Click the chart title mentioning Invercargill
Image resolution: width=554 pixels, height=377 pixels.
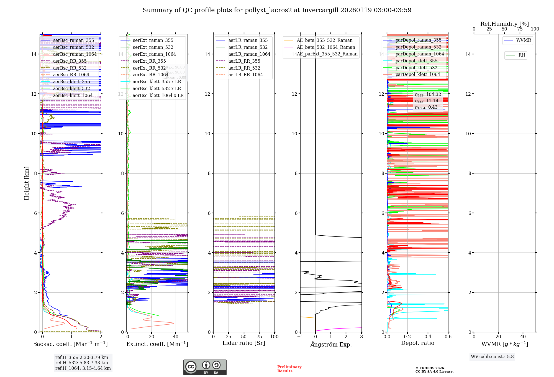[x=277, y=10]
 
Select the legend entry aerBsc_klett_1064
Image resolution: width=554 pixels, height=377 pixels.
[x=73, y=96]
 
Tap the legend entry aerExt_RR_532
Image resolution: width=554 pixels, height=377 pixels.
[x=149, y=68]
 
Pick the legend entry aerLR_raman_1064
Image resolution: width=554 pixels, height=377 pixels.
[x=249, y=54]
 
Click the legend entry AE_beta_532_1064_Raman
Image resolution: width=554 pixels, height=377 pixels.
[x=326, y=47]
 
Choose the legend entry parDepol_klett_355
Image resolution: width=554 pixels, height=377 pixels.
[x=416, y=61]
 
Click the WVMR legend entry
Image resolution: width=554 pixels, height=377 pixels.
[x=524, y=40]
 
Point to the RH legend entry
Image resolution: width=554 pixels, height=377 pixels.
[x=522, y=55]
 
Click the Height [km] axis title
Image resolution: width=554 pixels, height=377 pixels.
[x=27, y=183]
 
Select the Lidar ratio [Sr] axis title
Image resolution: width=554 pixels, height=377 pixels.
[x=244, y=343]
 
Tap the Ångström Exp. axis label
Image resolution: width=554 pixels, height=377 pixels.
[x=331, y=345]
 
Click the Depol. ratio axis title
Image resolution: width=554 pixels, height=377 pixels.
[x=417, y=343]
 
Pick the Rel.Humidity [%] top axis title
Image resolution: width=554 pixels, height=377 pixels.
[x=504, y=24]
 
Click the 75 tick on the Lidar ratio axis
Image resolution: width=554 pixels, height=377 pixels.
[x=259, y=337]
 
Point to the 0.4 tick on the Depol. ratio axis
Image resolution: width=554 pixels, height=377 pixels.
[x=428, y=337]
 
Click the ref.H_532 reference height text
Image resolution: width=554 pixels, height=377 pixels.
[x=82, y=363]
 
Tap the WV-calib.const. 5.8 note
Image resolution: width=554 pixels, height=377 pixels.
[x=492, y=357]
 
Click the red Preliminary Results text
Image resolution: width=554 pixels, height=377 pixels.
[x=289, y=369]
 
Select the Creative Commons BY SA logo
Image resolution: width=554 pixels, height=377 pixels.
[x=205, y=367]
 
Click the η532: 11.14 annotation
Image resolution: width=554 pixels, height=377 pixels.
[x=427, y=101]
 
